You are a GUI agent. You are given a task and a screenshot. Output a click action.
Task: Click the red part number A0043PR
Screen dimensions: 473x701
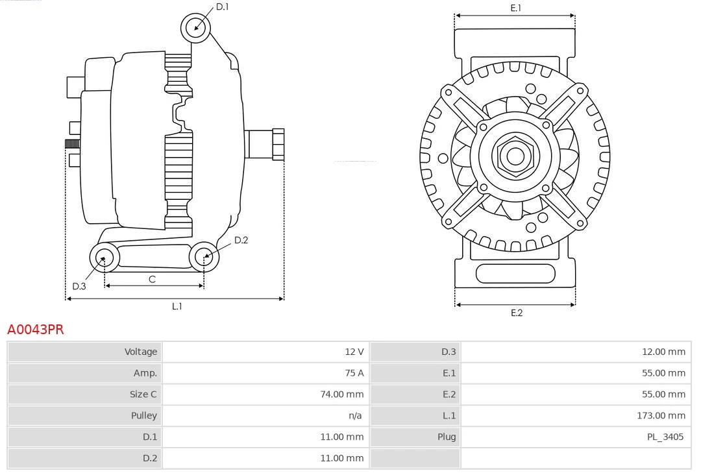[36, 330]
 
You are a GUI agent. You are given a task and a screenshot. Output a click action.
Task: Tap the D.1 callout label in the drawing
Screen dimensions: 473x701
[222, 6]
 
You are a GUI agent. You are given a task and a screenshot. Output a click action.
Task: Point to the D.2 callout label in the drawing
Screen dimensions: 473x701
[241, 240]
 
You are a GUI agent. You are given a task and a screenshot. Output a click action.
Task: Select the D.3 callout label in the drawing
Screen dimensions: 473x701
[79, 286]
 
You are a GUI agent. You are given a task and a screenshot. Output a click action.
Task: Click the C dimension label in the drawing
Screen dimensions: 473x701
[152, 279]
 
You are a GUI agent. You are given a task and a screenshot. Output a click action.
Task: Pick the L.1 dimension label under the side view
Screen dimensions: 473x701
[177, 306]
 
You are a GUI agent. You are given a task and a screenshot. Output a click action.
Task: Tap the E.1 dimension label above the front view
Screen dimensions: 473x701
[516, 8]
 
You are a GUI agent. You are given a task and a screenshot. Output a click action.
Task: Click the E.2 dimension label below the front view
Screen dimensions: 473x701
[516, 313]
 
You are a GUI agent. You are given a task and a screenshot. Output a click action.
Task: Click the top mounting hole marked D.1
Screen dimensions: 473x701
[197, 28]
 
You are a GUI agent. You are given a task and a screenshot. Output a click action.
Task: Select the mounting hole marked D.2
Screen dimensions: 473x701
[204, 257]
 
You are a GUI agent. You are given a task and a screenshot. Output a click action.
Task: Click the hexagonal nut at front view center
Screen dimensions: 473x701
[515, 156]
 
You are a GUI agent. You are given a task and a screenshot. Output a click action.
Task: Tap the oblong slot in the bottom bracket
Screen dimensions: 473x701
[515, 274]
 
